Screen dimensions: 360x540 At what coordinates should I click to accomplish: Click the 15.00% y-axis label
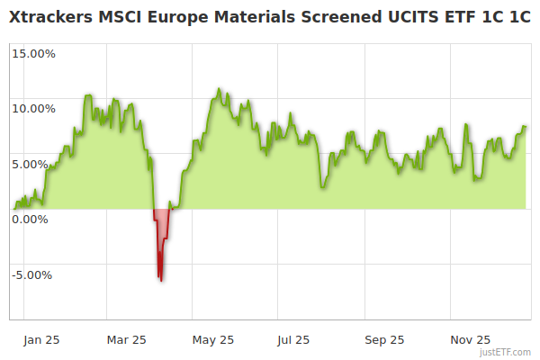tap(32, 53)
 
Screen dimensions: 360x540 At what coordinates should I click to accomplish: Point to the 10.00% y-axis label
tap(32, 109)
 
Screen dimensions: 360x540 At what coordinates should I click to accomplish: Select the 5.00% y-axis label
tap(35, 164)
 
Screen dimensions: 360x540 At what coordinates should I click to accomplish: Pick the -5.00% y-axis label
tap(33, 274)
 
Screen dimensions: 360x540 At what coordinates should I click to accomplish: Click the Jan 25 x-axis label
tap(42, 339)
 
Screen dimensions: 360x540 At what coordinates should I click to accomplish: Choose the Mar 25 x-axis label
tap(126, 339)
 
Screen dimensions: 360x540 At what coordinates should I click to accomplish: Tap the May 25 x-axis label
tap(213, 339)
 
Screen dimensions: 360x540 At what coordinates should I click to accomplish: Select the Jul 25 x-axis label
tap(293, 339)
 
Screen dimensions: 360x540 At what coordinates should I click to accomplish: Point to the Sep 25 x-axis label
tap(384, 339)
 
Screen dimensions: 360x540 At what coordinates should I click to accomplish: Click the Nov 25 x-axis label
tap(470, 339)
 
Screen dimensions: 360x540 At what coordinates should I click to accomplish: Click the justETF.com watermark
tap(507, 352)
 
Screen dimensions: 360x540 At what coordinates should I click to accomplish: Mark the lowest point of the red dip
tap(161, 281)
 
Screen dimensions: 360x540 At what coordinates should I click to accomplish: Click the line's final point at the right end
tap(526, 127)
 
